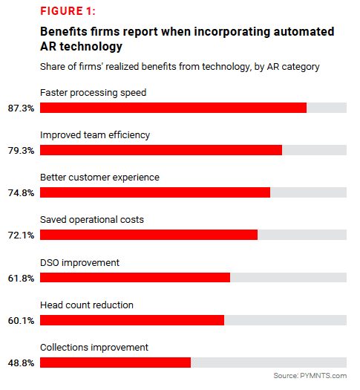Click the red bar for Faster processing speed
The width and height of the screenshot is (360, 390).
pos(173,108)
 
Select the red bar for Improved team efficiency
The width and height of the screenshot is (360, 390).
pos(161,150)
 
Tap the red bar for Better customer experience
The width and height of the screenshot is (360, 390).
pos(155,192)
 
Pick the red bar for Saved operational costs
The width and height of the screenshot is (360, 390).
pos(148,235)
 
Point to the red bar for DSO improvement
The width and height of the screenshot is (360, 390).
pos(135,277)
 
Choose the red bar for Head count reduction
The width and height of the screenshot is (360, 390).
pos(132,320)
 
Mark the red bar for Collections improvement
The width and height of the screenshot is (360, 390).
pos(115,363)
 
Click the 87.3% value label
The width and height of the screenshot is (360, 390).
pos(21,108)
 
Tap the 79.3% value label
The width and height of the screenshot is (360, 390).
pos(21,151)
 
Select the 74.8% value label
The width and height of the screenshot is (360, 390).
pos(21,192)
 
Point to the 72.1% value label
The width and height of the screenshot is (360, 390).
pos(21,235)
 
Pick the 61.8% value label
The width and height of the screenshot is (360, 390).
pos(21,278)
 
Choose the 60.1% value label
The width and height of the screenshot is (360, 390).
pos(21,321)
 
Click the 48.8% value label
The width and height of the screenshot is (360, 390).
pos(21,363)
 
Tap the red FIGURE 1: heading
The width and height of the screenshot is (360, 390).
pos(68,11)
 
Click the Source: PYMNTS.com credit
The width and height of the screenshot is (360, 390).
pos(310,376)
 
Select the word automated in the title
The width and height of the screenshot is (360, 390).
pos(304,32)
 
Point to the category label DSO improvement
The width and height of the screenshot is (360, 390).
pos(79,263)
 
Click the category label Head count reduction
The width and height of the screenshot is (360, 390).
pos(87,305)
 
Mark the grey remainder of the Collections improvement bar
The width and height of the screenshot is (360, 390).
pos(269,363)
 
